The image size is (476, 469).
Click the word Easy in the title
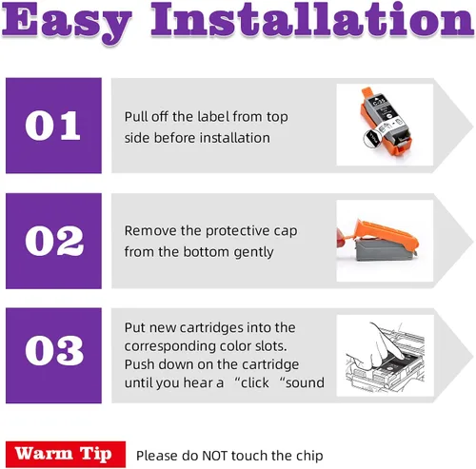click(67, 22)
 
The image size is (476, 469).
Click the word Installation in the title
click(312, 19)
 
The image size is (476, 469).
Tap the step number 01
click(52, 126)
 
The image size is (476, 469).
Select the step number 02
click(54, 241)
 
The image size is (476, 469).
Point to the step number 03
click(54, 350)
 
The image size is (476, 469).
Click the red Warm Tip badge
click(66, 454)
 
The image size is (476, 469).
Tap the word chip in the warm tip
click(309, 456)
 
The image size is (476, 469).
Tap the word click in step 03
click(255, 382)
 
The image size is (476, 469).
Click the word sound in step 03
click(305, 382)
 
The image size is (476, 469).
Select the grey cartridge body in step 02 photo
click(385, 250)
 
